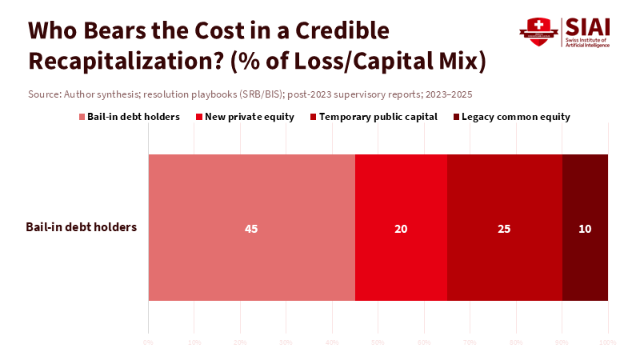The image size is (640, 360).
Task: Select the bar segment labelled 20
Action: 401,200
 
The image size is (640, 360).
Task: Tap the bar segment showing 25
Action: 505,200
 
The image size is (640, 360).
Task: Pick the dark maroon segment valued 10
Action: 585,200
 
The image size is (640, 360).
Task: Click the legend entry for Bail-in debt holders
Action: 128,117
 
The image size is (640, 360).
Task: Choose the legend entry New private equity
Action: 244,117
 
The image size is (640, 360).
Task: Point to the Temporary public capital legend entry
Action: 373,117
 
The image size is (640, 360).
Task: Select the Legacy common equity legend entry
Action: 510,117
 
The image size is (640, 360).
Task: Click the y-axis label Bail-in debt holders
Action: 81,227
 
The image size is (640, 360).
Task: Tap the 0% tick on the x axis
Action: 148,342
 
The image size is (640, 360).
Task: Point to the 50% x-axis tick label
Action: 378,342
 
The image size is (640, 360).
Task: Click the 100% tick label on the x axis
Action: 607,342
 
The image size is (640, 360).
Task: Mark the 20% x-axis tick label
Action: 240,342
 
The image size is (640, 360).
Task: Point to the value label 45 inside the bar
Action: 251,229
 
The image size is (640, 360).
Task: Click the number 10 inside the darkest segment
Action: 585,229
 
